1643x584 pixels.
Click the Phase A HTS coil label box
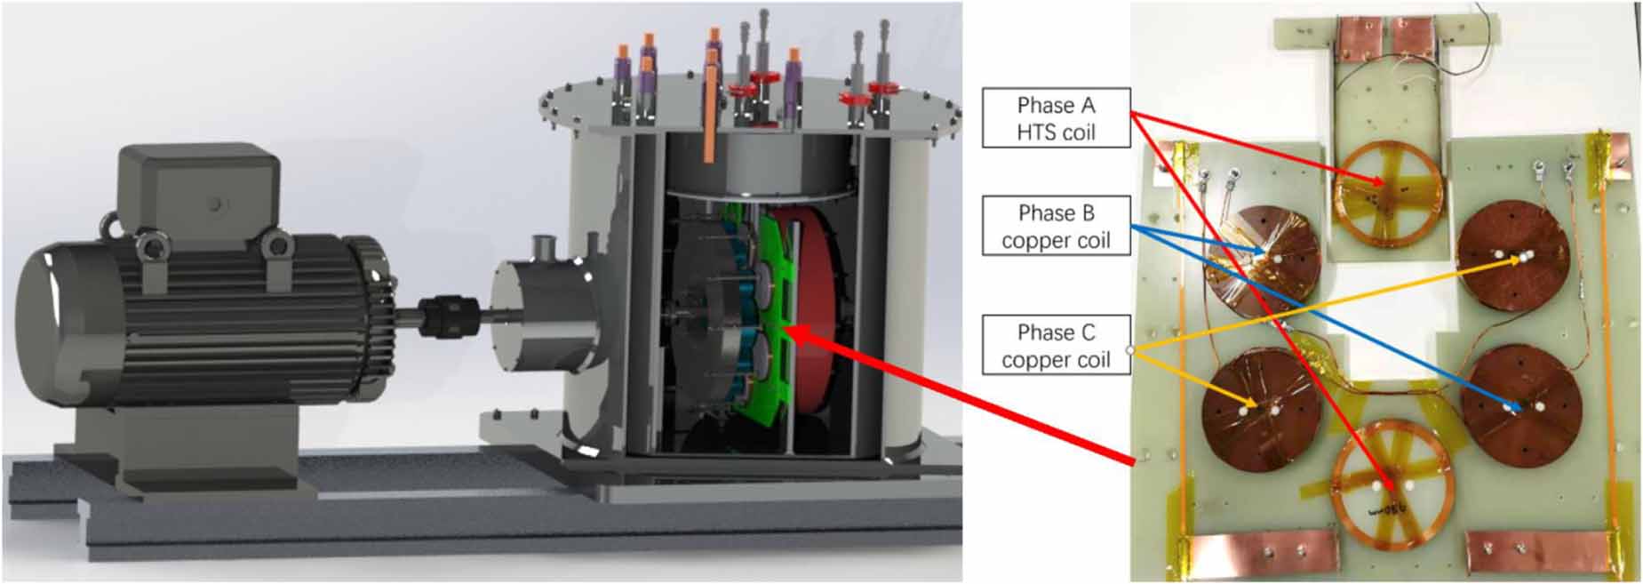[x=1056, y=117]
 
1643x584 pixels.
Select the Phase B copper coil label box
[x=1056, y=226]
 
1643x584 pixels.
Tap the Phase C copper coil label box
[x=1056, y=345]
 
